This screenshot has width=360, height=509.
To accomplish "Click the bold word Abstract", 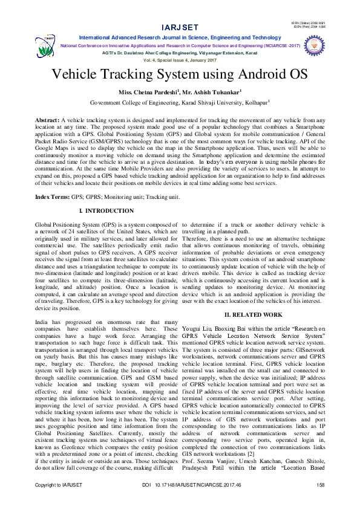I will (x=47, y=120).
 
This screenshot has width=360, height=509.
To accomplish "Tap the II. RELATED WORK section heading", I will (x=253, y=315).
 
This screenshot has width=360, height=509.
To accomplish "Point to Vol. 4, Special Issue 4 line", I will (x=180, y=61).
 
